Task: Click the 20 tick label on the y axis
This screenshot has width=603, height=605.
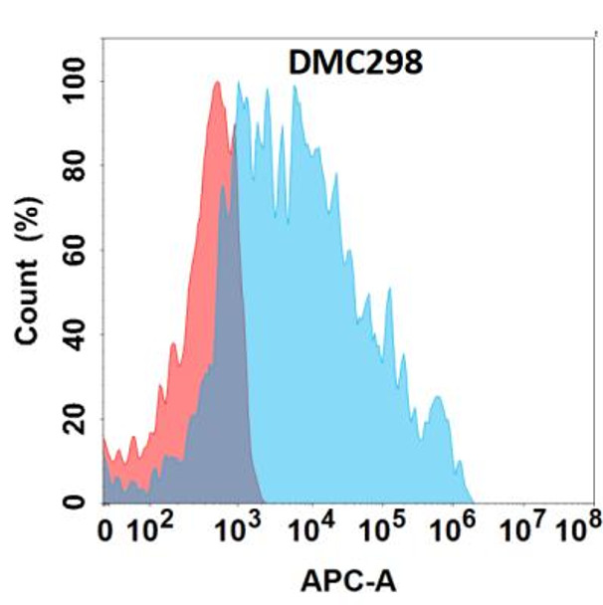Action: [77, 419]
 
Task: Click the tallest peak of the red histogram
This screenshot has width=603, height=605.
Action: [217, 84]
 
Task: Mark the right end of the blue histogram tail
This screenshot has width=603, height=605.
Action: [472, 501]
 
